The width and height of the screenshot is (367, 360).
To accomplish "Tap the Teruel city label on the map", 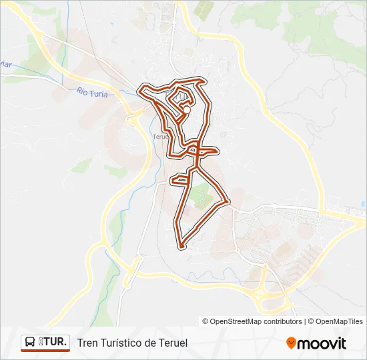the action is coord(161,136).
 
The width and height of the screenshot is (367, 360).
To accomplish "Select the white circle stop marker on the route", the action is coord(186,111).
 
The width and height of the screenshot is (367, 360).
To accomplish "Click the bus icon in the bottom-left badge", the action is coord(30,343).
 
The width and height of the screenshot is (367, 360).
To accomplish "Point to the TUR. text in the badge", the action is coord(53,343).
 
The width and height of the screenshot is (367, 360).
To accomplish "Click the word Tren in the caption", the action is coord(88,343).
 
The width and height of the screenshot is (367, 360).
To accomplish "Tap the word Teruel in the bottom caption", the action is coord(173,343).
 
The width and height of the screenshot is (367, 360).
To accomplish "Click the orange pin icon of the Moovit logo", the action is coord(291,343).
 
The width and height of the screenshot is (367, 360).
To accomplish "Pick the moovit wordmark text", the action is coord(322,343).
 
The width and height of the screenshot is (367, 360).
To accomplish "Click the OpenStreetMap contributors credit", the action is coord(252,321).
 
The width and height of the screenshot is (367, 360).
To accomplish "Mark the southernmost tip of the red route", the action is coord(181,247).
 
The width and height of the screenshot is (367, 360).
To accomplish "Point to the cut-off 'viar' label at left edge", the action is coord(5,65).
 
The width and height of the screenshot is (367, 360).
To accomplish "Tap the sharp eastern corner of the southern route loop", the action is coord(229,201).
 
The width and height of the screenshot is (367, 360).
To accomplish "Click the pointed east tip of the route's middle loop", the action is coord(216,151).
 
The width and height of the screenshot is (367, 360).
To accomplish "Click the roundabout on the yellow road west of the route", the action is coord(131,120).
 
